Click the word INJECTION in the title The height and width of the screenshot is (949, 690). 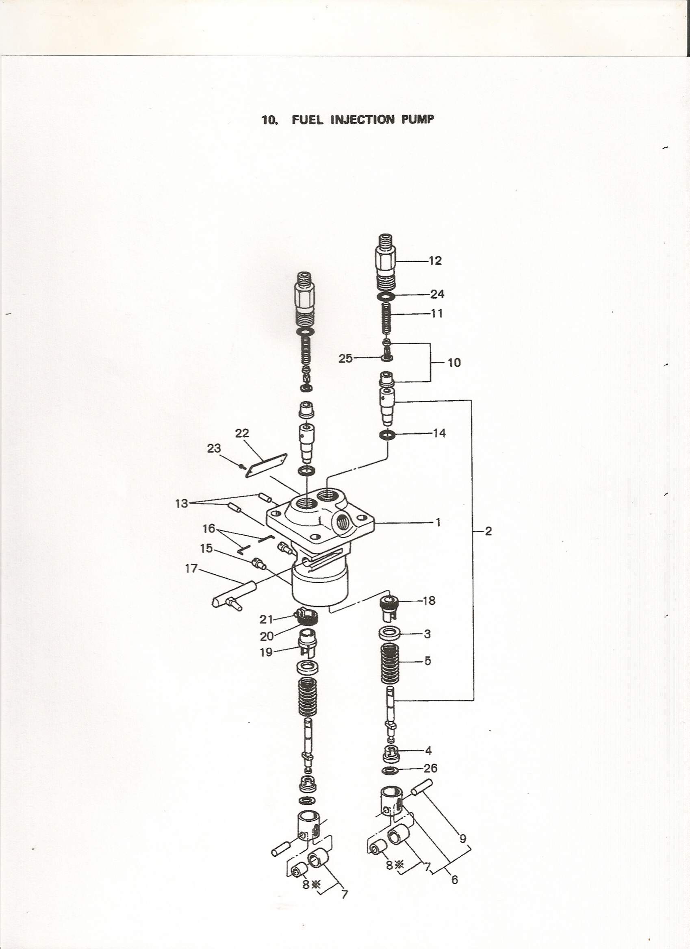pyautogui.click(x=362, y=119)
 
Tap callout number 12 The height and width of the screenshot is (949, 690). pyautogui.click(x=435, y=261)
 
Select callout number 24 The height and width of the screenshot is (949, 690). pyautogui.click(x=437, y=294)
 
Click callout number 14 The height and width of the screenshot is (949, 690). pyautogui.click(x=439, y=433)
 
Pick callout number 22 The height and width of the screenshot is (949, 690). pyautogui.click(x=242, y=433)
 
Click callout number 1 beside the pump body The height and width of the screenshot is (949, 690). pyautogui.click(x=438, y=522)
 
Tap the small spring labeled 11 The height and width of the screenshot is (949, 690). pyautogui.click(x=387, y=318)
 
